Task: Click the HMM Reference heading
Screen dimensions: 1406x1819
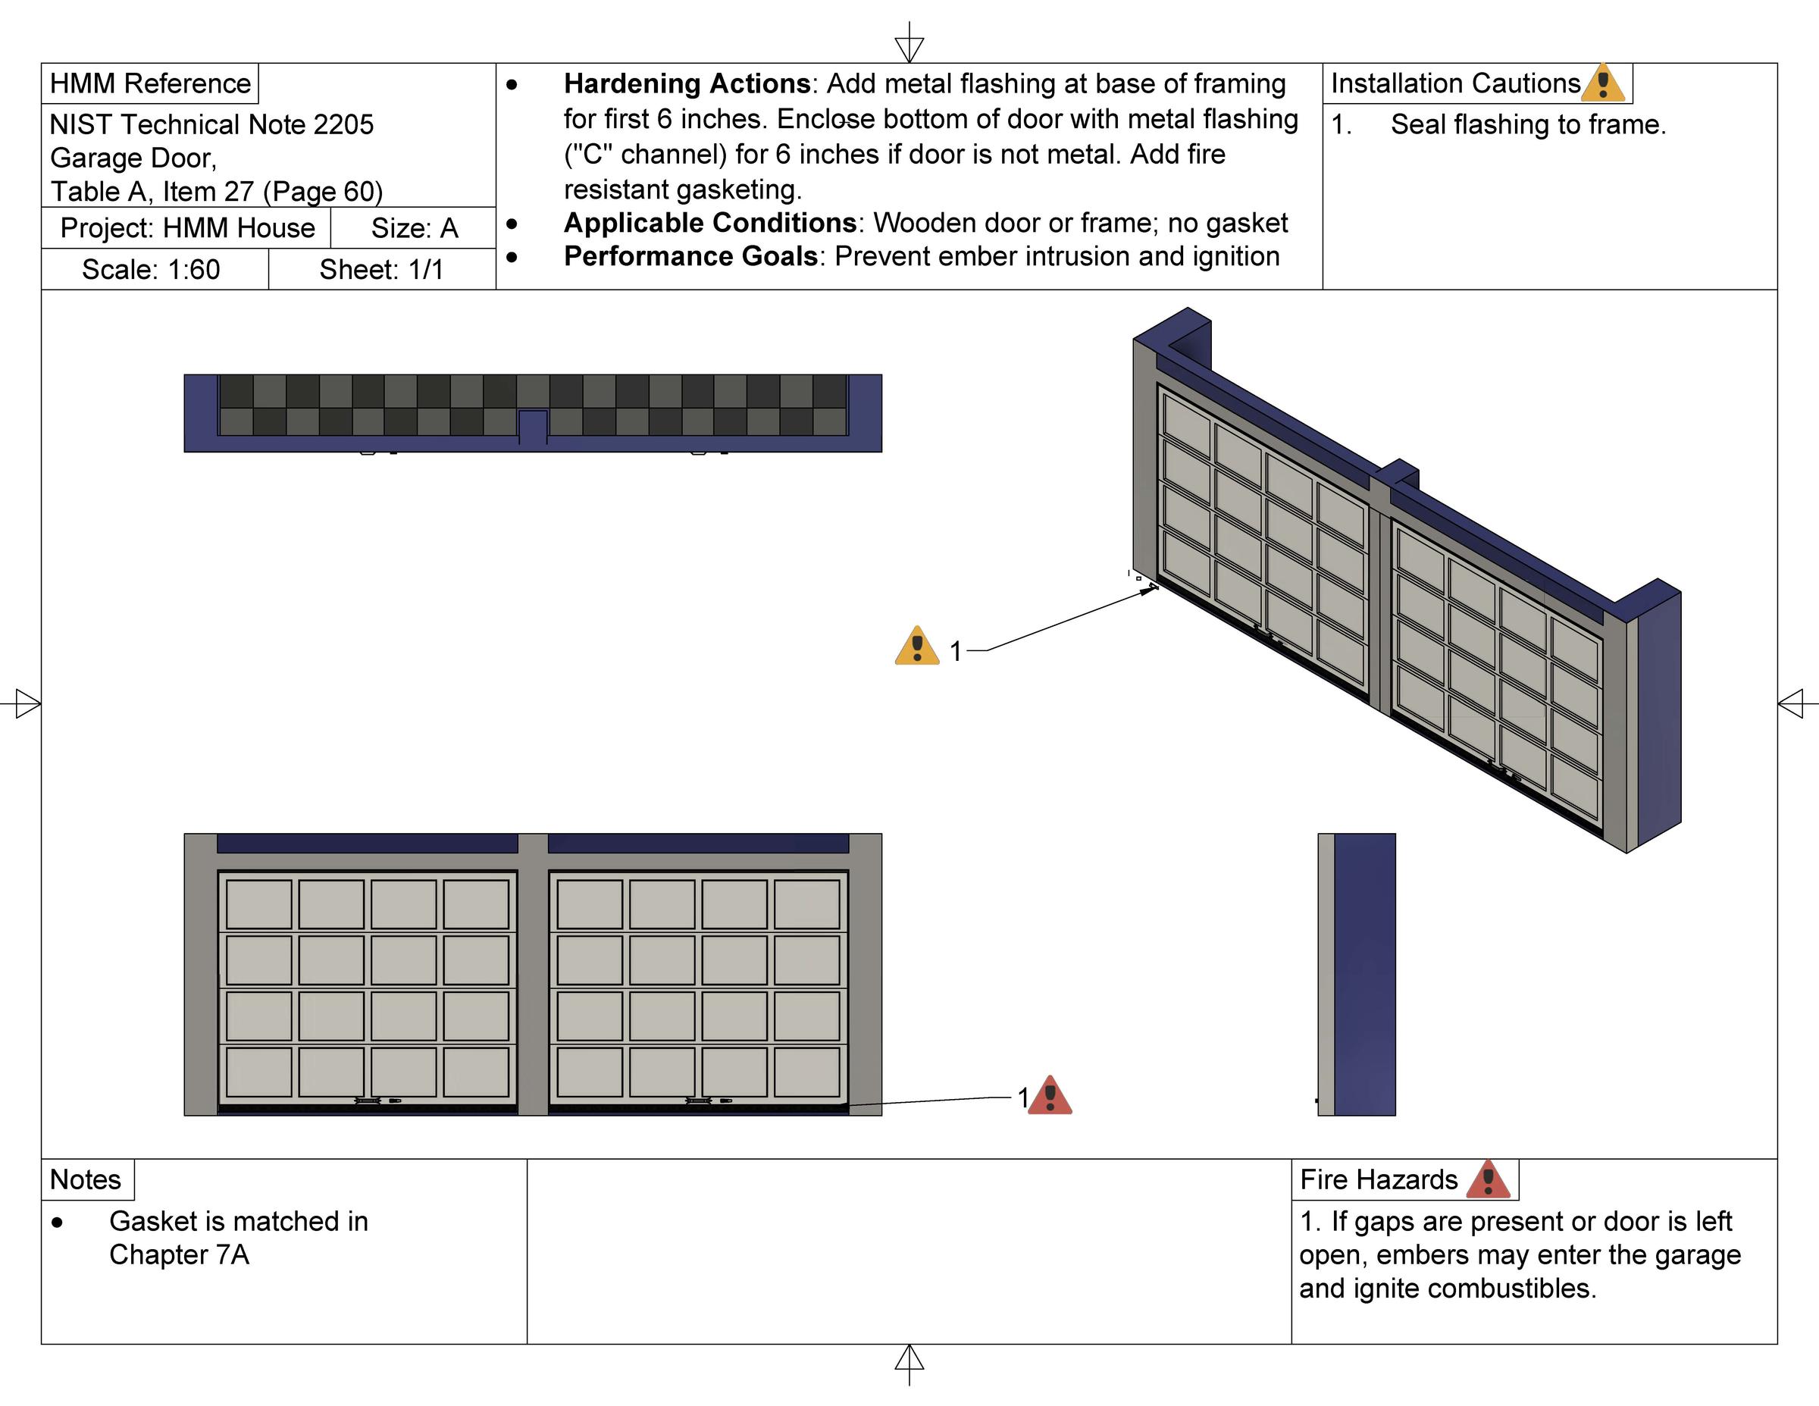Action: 150,83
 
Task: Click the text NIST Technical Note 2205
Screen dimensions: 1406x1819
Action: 211,125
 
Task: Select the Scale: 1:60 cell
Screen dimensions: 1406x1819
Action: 151,270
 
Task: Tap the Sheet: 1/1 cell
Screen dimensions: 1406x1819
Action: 381,270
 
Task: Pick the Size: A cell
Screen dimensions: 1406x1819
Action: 414,228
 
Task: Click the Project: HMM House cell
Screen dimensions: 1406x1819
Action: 187,228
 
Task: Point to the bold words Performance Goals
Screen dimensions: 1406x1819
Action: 690,256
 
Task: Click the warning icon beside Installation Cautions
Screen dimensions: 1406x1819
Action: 1602,83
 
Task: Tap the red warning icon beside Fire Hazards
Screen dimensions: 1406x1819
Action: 1488,1179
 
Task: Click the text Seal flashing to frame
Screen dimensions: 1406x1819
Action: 1527,125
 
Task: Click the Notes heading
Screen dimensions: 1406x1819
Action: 85,1179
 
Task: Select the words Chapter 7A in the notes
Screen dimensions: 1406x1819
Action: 179,1255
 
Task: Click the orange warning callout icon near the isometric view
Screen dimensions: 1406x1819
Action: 916,647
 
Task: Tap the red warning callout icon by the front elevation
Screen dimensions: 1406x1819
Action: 1050,1096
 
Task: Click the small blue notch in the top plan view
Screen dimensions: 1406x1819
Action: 533,427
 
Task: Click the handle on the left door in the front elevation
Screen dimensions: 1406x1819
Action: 368,1101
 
